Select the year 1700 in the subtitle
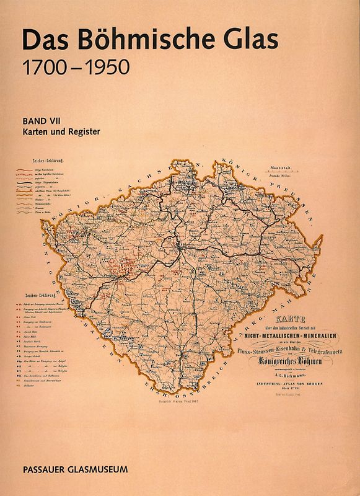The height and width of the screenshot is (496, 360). click(x=44, y=67)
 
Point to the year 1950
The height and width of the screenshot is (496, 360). click(x=105, y=67)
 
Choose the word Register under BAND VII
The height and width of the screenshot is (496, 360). click(x=84, y=131)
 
